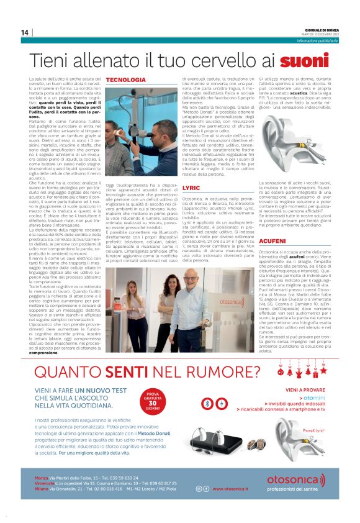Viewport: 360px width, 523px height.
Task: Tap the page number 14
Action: [25, 32]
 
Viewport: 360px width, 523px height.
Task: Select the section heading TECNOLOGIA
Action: [126, 81]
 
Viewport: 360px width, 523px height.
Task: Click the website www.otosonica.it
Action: [230, 489]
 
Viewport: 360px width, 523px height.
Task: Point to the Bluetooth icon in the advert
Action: [207, 401]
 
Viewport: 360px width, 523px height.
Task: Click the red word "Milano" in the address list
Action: [41, 489]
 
